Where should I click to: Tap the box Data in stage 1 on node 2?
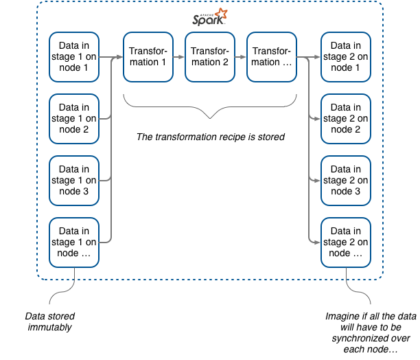click(74, 119)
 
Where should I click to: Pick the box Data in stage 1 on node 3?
click(74, 180)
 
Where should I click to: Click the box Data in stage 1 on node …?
click(74, 242)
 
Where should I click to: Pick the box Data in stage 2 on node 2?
click(346, 119)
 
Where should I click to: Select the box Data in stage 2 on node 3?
click(346, 180)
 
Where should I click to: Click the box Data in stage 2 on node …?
click(346, 242)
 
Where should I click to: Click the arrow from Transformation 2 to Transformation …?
click(240, 58)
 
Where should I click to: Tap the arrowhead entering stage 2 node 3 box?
click(318, 181)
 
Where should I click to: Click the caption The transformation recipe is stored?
click(210, 137)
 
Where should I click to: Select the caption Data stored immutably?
click(50, 322)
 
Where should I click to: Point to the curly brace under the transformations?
click(209, 108)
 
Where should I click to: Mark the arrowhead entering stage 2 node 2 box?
click(318, 120)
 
